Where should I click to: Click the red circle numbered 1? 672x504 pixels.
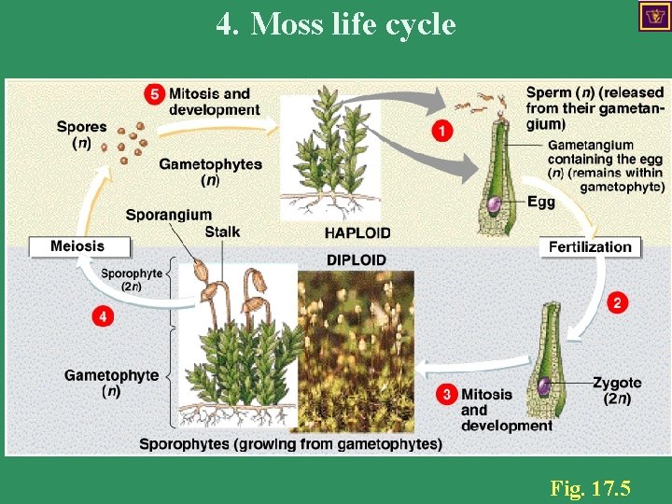(x=443, y=132)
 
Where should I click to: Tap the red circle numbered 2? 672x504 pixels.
(x=617, y=302)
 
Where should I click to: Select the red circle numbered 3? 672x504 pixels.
(x=447, y=394)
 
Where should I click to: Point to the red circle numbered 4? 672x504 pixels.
(x=104, y=317)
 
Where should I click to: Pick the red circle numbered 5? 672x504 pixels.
(x=155, y=94)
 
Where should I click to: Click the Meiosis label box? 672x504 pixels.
(x=78, y=246)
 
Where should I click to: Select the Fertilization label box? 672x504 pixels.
(x=590, y=247)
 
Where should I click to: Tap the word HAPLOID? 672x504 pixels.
(x=357, y=232)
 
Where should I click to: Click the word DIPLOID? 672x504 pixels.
(x=357, y=259)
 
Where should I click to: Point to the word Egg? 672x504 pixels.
(x=541, y=202)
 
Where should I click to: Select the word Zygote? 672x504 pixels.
(x=617, y=383)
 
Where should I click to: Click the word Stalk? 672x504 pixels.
(x=222, y=231)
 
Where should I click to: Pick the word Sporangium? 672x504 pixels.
(x=169, y=215)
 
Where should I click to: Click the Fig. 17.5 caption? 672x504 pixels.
(x=590, y=487)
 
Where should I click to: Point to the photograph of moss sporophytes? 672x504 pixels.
(x=356, y=350)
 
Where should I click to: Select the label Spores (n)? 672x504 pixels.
(x=81, y=134)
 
